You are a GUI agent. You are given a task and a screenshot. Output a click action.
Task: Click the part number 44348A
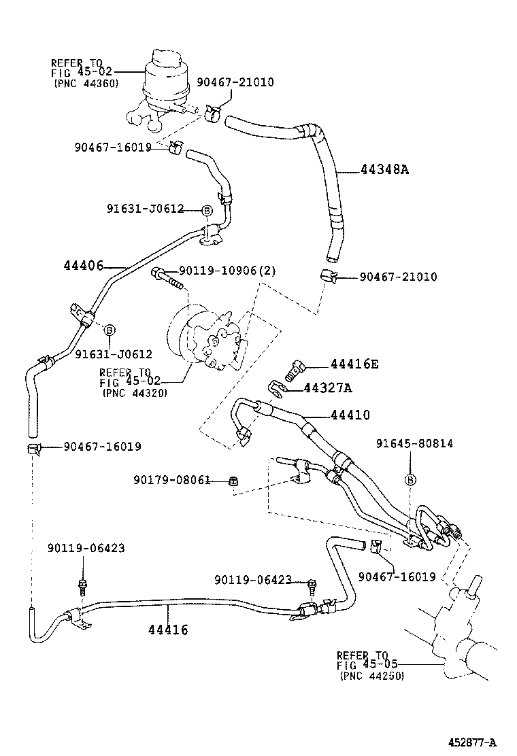click(x=384, y=170)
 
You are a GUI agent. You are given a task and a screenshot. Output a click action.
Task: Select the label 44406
click(x=84, y=265)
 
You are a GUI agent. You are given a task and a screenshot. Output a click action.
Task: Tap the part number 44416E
click(x=354, y=364)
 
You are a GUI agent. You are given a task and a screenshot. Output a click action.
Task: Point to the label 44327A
click(x=327, y=388)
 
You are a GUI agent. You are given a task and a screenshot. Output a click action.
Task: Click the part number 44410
click(x=350, y=415)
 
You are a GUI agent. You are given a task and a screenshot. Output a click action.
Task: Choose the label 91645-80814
click(x=415, y=443)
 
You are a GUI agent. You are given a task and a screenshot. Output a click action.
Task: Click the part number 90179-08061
click(x=171, y=480)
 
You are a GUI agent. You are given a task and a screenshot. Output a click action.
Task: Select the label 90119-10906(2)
click(x=227, y=271)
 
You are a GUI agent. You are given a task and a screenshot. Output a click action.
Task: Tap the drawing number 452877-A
click(x=472, y=742)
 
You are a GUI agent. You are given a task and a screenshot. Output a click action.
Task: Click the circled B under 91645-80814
click(x=410, y=480)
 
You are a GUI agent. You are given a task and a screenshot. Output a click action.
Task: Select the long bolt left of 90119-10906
click(x=168, y=279)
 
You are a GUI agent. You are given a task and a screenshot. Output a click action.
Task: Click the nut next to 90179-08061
click(x=233, y=481)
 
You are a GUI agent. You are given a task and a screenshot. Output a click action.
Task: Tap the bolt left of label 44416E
click(x=294, y=372)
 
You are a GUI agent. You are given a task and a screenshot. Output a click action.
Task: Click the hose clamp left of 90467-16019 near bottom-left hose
click(x=34, y=448)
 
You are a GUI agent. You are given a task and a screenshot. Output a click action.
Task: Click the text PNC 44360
click(x=86, y=84)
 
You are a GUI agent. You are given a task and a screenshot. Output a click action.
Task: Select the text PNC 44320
click(x=135, y=393)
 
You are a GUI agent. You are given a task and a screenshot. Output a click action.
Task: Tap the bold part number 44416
click(x=168, y=629)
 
